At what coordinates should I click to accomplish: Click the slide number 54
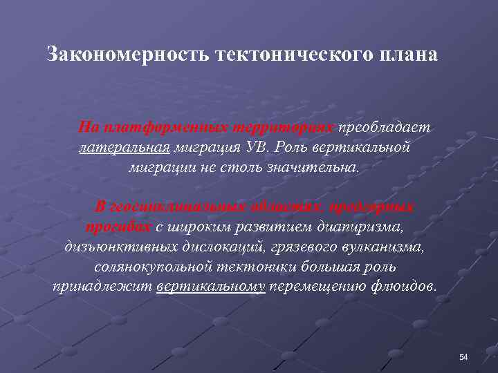(x=463, y=357)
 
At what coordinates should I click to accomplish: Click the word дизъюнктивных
(x=114, y=247)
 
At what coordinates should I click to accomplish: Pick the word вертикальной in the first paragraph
(x=369, y=148)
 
